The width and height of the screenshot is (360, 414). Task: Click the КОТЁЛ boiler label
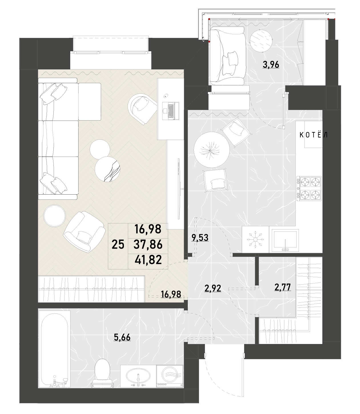[x=313, y=135]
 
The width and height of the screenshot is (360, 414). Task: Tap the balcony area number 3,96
[x=271, y=65]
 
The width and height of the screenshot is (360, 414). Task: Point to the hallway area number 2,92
[x=213, y=288]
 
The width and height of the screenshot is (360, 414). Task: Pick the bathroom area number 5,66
[x=122, y=337]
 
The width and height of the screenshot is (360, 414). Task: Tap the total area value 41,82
[x=148, y=260]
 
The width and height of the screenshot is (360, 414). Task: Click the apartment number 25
[x=118, y=245]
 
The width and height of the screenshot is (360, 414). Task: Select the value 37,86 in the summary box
[x=148, y=245]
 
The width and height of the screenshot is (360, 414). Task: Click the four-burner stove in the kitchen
[x=309, y=188]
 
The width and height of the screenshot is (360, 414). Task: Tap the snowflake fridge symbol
[x=255, y=240]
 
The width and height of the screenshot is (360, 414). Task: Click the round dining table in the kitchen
[x=212, y=149]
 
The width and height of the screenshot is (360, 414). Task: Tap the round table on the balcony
[x=261, y=41]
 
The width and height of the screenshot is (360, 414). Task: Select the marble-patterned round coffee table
[x=108, y=169]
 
